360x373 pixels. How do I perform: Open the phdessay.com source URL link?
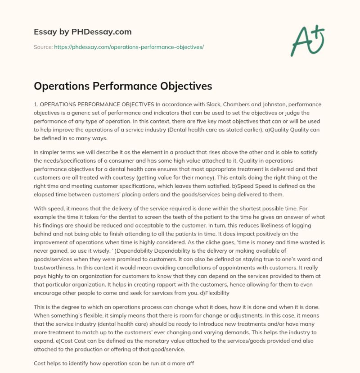[129, 46]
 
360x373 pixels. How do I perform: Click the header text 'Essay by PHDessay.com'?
[83, 32]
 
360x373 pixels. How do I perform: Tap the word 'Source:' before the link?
[43, 46]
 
